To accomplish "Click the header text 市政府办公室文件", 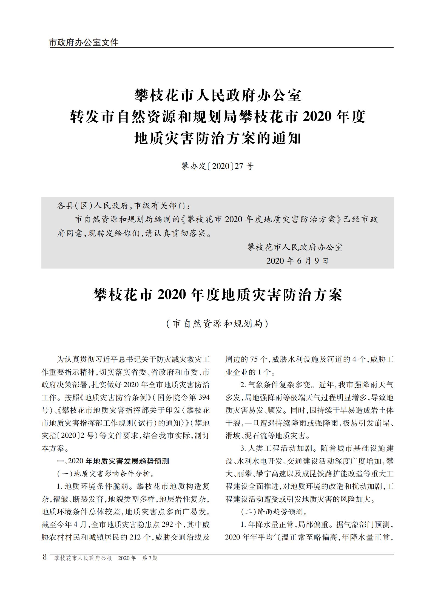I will [84, 43].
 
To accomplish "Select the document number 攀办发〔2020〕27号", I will [217, 166].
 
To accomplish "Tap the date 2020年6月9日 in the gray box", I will [297, 261].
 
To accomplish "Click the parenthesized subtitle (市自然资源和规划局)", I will [217, 324].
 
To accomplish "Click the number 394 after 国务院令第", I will [203, 397].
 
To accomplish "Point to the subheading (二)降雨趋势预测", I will [274, 511].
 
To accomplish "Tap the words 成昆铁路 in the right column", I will [328, 473].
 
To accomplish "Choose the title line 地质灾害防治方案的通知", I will [217, 138].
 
